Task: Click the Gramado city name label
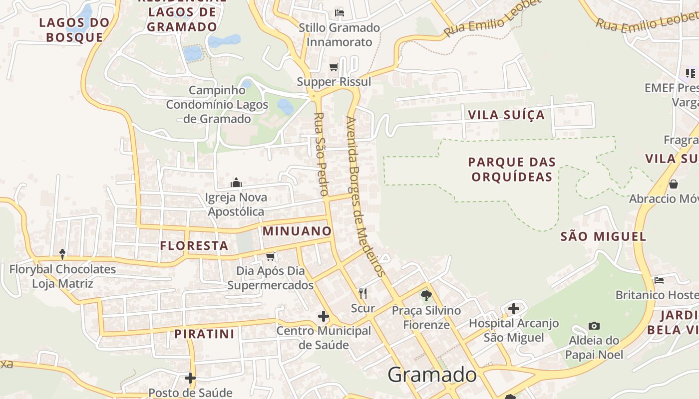coord(432,375)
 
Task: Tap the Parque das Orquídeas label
coord(512,170)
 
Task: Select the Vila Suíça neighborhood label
coord(506,115)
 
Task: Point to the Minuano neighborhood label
coord(297,231)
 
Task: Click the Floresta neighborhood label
coord(194,245)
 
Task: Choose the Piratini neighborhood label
coord(204,334)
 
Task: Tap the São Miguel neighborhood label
coord(603,236)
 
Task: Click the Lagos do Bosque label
coord(74,29)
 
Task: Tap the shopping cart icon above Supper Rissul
coord(334,67)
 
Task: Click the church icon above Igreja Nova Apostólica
coord(236,183)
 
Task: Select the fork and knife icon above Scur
coord(363,294)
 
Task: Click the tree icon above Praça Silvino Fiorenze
coord(426,296)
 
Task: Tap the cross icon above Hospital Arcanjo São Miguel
coord(514,309)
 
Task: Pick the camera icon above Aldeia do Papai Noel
coord(594,326)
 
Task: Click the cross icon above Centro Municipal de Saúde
coord(324,316)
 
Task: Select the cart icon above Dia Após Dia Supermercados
coord(271,256)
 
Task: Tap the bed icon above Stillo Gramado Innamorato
coord(340,12)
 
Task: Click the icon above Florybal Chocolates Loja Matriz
coord(62,254)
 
